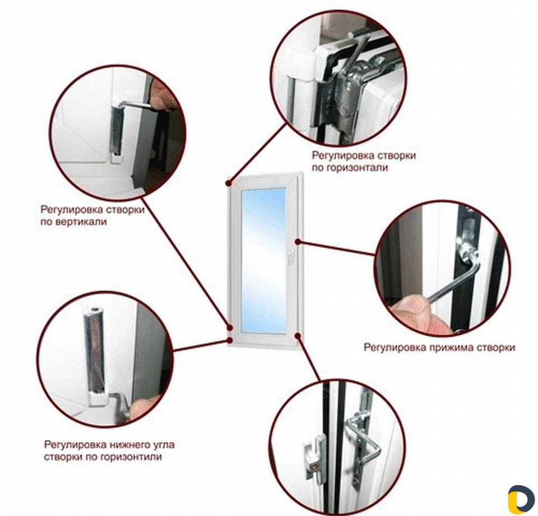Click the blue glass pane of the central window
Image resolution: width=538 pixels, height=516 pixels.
263,261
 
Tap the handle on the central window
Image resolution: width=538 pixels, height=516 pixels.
289,257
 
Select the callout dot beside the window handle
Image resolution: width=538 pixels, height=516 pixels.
298,242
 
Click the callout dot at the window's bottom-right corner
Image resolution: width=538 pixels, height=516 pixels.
298,335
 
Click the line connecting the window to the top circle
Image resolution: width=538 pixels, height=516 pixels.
257,154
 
